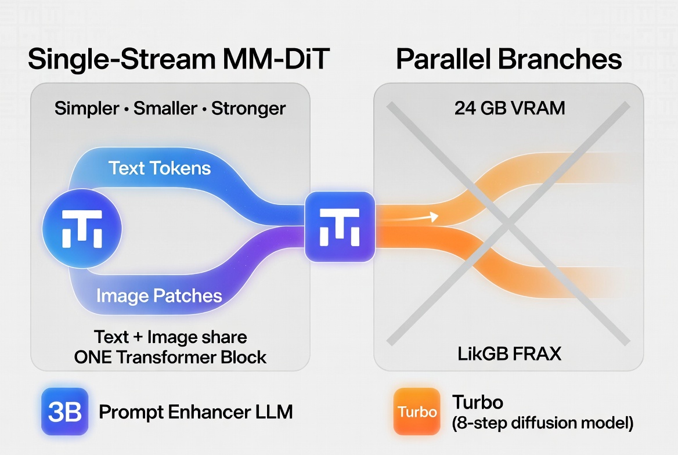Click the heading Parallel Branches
tap(509, 60)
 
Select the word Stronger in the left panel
tap(248, 109)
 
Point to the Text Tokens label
tap(160, 168)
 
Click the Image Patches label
tap(159, 296)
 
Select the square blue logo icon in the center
tap(340, 227)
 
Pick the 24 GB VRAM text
tap(509, 108)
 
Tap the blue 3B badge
tap(64, 412)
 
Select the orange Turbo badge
tap(417, 412)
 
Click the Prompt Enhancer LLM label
tap(196, 412)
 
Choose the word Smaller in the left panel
tap(166, 109)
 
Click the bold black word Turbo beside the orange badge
tap(477, 402)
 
